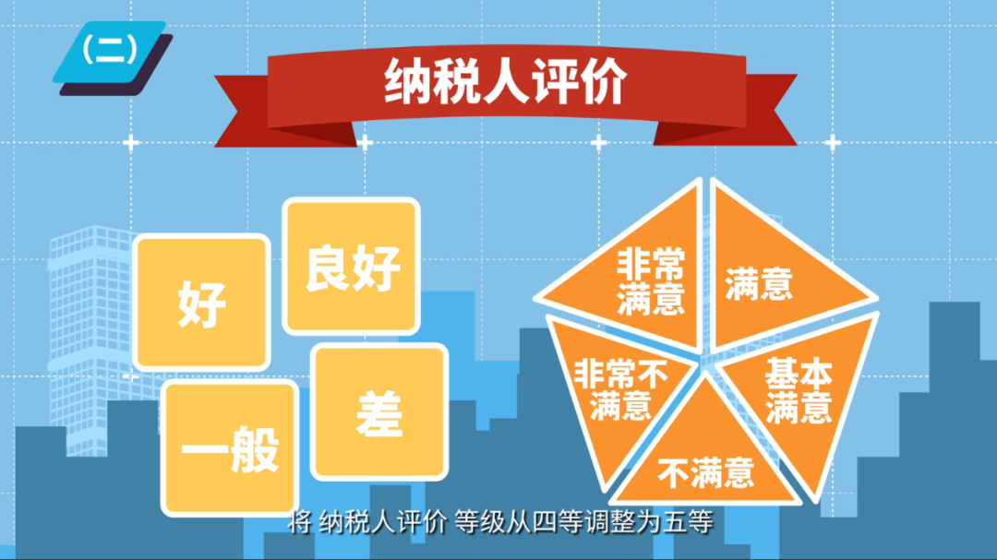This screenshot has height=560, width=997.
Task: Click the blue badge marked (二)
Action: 109,52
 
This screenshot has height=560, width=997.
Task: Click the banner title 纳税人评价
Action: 506,82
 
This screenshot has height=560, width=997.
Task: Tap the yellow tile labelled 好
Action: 201,303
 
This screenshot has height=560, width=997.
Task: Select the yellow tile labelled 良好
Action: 352,266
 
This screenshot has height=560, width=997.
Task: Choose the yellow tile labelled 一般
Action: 230,447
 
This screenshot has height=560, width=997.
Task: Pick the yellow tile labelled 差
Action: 379,411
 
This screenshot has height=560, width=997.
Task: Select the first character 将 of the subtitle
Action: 299,523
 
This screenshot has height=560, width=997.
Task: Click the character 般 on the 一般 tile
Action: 255,449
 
